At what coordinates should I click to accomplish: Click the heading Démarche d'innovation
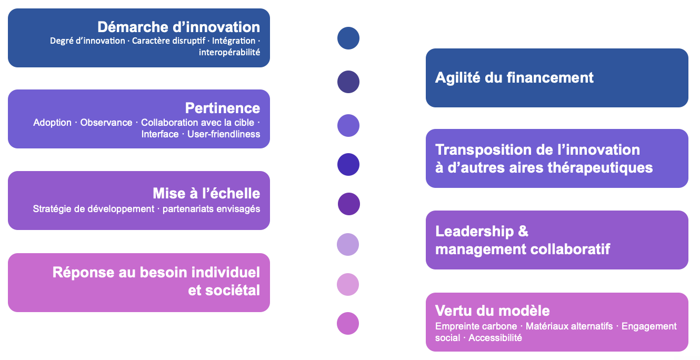click(179, 27)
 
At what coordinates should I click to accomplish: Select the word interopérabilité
click(229, 52)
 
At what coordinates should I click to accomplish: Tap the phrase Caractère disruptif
click(168, 41)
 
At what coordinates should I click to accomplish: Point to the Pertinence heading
click(223, 108)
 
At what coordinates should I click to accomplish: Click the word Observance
click(106, 123)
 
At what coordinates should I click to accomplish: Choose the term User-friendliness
click(224, 134)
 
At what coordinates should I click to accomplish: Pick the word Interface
click(159, 134)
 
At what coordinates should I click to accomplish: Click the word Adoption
click(52, 123)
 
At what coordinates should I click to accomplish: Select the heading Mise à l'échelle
click(206, 194)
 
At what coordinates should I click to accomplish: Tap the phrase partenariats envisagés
click(211, 209)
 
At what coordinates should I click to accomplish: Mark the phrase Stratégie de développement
click(94, 209)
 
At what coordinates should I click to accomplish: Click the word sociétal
click(224, 291)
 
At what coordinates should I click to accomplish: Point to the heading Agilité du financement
click(514, 77)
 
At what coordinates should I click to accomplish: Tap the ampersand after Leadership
click(523, 231)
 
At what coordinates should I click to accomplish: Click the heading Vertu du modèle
click(493, 311)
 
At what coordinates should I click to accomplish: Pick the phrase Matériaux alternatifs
click(569, 326)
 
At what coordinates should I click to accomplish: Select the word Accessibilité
click(495, 338)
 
